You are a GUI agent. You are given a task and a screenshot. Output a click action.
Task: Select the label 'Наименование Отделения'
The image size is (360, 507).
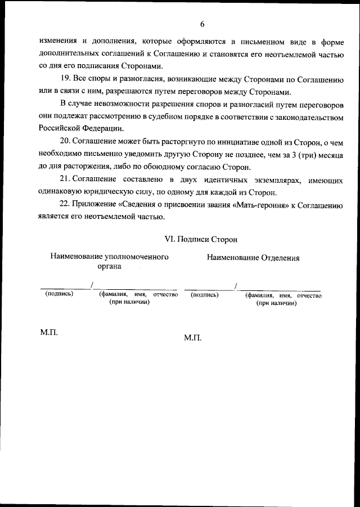point(253,258)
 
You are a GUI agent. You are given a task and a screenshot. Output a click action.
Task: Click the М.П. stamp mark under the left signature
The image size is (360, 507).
point(49,333)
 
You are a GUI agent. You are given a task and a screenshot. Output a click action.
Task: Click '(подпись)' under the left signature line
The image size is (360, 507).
point(59,294)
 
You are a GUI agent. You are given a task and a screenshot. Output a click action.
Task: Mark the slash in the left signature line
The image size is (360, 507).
point(92,284)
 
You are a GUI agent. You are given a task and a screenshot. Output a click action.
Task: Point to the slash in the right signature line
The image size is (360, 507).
point(236,285)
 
